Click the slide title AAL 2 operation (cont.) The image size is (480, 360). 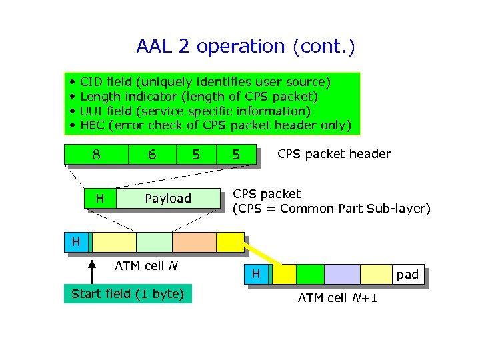coord(245,47)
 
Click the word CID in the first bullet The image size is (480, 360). coord(91,82)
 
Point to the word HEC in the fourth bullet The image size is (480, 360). coord(92,125)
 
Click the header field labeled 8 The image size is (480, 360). coord(96,154)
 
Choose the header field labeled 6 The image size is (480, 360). coord(153,154)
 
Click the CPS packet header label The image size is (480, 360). coord(334,154)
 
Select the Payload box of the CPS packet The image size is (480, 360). coord(168,198)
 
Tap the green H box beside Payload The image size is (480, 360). coord(100,198)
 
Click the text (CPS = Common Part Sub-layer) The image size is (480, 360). coord(331,209)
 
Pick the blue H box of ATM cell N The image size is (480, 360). coord(76,242)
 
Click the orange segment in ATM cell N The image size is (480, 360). coord(194,242)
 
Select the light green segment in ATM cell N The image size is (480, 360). coord(154,242)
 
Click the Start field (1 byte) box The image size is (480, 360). coord(127,294)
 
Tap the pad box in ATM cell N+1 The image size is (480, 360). coord(407,274)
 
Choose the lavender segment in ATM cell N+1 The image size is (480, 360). coord(342,274)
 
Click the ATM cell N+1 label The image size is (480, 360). coord(337,298)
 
